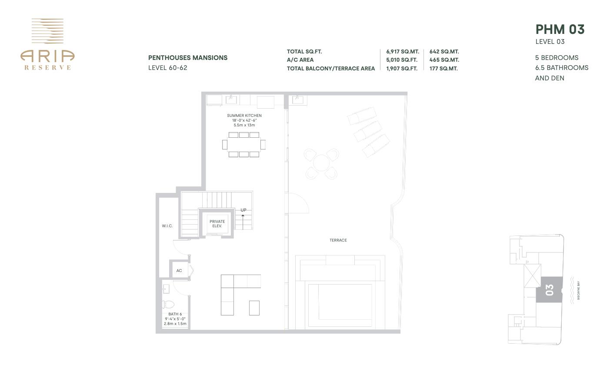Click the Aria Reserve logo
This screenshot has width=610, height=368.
point(47,44)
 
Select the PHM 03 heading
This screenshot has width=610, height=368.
point(560,30)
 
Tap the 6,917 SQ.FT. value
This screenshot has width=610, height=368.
point(402,52)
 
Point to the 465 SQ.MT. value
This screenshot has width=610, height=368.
point(444,60)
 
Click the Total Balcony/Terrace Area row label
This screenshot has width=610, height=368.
point(330,69)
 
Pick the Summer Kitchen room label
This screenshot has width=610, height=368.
point(244,116)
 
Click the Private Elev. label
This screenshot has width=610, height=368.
point(217,224)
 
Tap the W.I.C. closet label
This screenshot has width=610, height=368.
point(167,226)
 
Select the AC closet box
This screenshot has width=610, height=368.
point(179,271)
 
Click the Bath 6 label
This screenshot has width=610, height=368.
point(175,314)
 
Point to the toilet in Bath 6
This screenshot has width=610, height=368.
point(168,304)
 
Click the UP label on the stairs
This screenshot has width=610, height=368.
point(243,210)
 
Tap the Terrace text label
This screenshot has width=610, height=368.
point(338,240)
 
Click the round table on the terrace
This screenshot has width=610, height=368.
point(321,163)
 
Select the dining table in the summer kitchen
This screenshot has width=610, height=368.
point(243,144)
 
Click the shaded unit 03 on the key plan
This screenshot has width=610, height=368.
point(549,290)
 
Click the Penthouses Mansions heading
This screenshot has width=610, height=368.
point(188,58)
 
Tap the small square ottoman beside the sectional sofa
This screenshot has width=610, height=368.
point(254,308)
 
